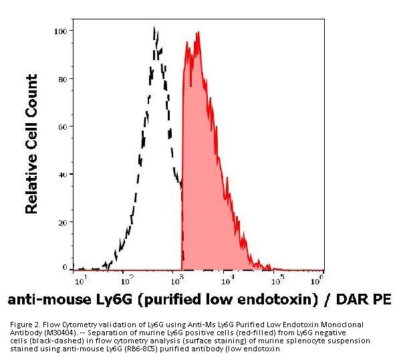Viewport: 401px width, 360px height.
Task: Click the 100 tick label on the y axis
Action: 60,31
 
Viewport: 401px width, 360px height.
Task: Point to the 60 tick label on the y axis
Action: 62,126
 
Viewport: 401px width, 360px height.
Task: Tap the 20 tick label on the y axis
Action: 62,221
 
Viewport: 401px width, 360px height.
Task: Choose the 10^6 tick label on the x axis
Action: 319,276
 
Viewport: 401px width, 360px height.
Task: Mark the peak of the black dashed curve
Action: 154,28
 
